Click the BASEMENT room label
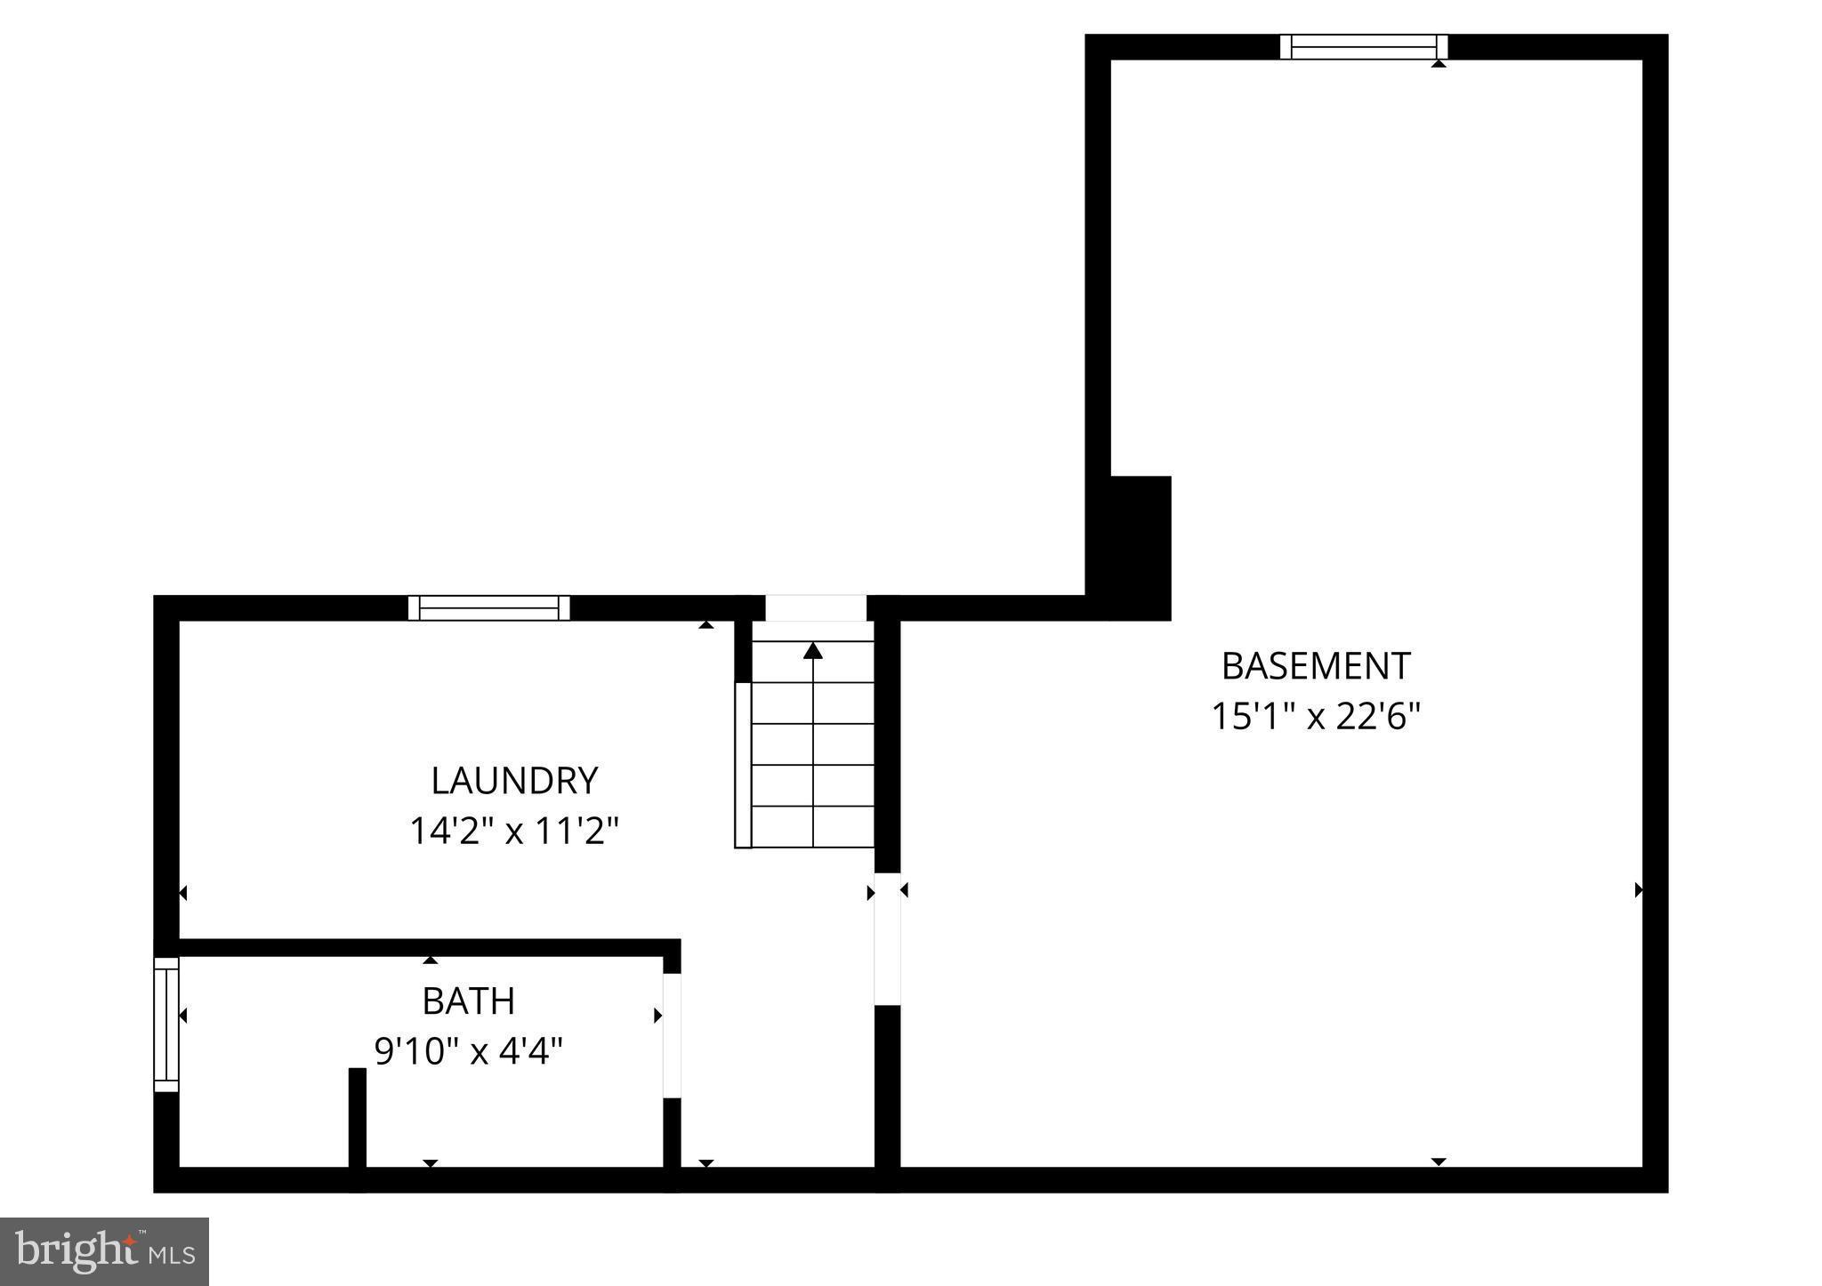(x=1315, y=666)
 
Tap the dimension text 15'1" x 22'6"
(x=1315, y=716)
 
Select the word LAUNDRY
(x=514, y=781)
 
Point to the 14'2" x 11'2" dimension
(x=513, y=832)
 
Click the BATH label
(x=468, y=1001)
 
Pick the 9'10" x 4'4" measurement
(x=468, y=1052)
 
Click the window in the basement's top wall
(x=1363, y=47)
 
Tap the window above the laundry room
(x=488, y=608)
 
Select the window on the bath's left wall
(x=166, y=1025)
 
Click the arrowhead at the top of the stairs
(x=812, y=651)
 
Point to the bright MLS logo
(x=105, y=1251)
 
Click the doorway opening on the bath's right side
(x=672, y=1035)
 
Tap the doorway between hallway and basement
(x=887, y=938)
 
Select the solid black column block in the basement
(x=1140, y=548)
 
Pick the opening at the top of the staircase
(x=815, y=608)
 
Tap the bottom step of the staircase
(x=813, y=827)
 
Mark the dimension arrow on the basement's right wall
(x=1638, y=889)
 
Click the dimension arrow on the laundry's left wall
(x=183, y=893)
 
